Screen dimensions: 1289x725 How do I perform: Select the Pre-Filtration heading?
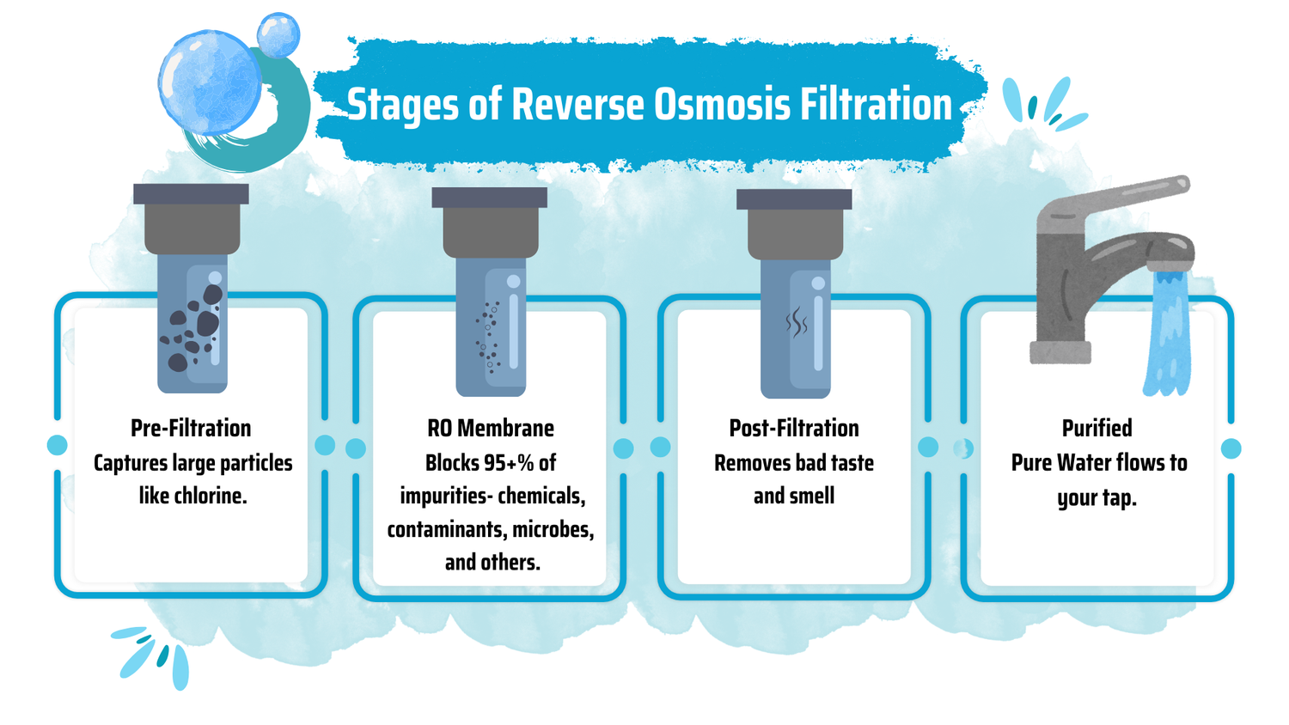point(191,428)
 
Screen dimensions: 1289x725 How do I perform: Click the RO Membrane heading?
point(491,428)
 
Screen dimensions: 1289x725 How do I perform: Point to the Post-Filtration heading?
point(794,428)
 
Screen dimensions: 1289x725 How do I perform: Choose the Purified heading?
point(1097,428)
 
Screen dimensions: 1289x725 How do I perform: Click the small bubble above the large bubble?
point(278,35)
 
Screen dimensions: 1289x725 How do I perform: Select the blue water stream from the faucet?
point(1167,334)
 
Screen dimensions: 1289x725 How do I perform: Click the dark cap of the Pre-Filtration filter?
point(191,194)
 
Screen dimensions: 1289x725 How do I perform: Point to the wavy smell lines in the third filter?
point(797,322)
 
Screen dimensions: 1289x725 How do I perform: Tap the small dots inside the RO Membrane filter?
point(487,337)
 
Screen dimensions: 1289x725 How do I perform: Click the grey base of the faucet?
point(1060,352)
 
